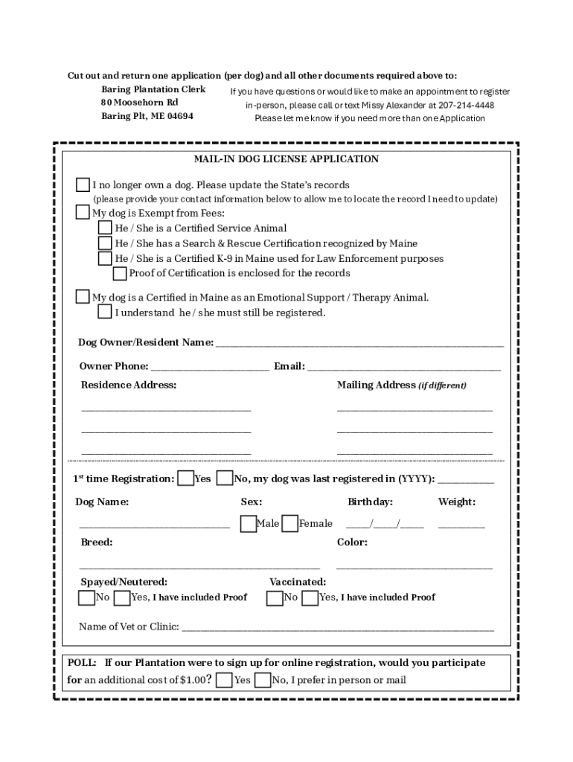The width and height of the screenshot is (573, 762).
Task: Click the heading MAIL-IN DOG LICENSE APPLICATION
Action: (x=286, y=159)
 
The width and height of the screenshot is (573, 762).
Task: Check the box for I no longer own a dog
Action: (x=83, y=185)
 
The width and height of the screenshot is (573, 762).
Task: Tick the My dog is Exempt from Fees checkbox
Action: (x=83, y=213)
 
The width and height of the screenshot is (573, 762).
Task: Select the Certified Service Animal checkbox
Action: (x=106, y=228)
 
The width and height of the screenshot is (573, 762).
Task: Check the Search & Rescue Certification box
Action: (x=106, y=243)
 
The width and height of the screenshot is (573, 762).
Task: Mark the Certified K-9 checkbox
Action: (x=106, y=258)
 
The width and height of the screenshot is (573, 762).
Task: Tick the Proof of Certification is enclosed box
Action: (x=120, y=273)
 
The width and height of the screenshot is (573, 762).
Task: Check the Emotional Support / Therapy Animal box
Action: (x=83, y=298)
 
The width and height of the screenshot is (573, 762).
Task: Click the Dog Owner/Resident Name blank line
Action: (x=359, y=344)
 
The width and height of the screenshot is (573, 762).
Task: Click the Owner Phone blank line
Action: (x=209, y=367)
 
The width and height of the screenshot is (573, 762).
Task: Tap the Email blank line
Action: (x=404, y=367)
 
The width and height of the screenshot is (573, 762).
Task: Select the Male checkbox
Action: (x=248, y=524)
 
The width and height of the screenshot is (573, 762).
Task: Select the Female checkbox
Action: (x=290, y=524)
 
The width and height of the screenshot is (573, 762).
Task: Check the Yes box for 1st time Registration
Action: (x=185, y=478)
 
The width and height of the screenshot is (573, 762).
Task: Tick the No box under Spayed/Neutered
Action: (x=86, y=598)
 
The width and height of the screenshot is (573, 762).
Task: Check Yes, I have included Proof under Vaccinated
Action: (x=310, y=598)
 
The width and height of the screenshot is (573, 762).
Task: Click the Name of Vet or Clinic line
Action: (x=338, y=627)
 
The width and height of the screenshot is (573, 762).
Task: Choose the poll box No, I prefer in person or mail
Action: (x=262, y=680)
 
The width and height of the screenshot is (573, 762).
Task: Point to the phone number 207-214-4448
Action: (x=466, y=105)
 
